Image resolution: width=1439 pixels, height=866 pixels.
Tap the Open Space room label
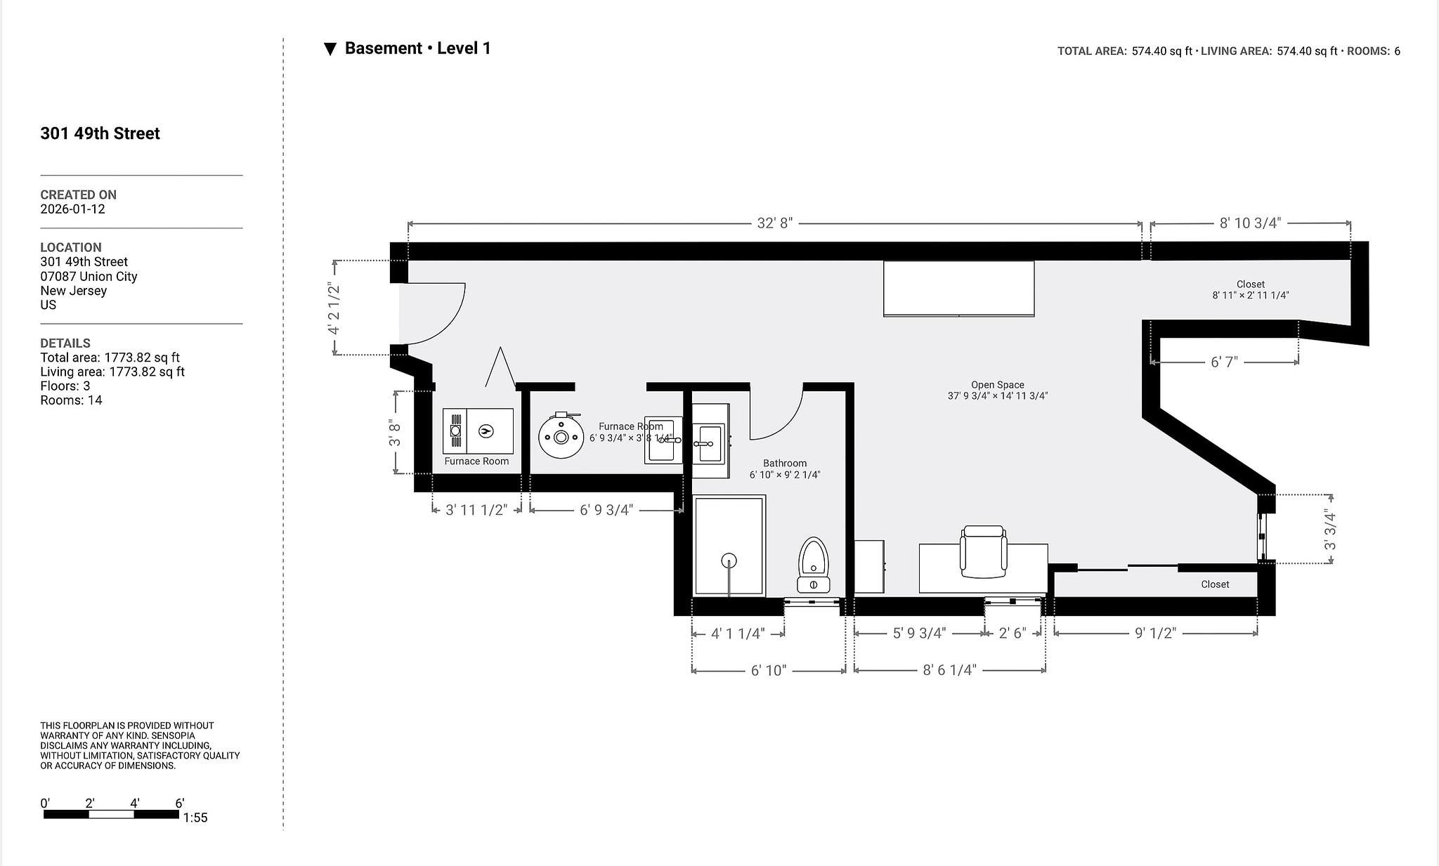(998, 385)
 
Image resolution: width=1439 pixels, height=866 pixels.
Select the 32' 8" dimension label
(774, 223)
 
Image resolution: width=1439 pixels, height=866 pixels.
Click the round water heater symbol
(561, 436)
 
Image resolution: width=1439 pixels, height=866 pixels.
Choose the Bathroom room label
(785, 464)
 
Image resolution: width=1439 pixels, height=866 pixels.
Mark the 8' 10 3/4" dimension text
(1251, 223)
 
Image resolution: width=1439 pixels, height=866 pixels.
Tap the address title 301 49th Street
(100, 133)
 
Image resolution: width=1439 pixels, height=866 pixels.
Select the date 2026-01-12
(72, 209)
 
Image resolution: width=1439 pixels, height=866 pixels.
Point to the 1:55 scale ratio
(195, 818)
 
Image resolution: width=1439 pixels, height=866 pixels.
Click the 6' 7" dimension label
(1224, 362)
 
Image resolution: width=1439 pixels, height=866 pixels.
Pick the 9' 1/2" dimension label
(1155, 634)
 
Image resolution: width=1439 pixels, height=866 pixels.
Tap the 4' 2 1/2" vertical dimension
(334, 308)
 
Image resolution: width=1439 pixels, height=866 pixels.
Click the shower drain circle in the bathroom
(729, 560)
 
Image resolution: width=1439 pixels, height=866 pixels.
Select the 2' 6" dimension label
(1012, 634)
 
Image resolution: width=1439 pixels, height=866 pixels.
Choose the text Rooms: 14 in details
(71, 400)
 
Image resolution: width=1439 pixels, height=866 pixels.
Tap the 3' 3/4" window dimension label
(1329, 530)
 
